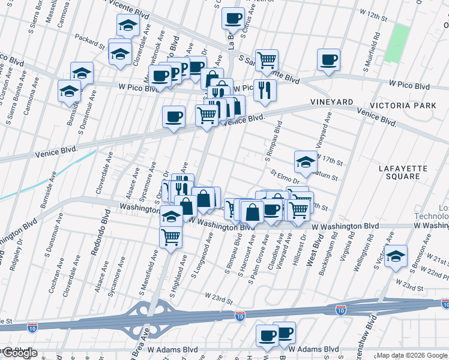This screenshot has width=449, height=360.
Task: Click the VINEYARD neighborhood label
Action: coord(331,102)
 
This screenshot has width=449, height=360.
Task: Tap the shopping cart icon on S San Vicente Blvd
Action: coord(267,60)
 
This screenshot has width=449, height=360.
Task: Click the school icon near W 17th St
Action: coord(306,161)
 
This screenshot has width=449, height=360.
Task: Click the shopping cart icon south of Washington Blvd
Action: coord(171,237)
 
